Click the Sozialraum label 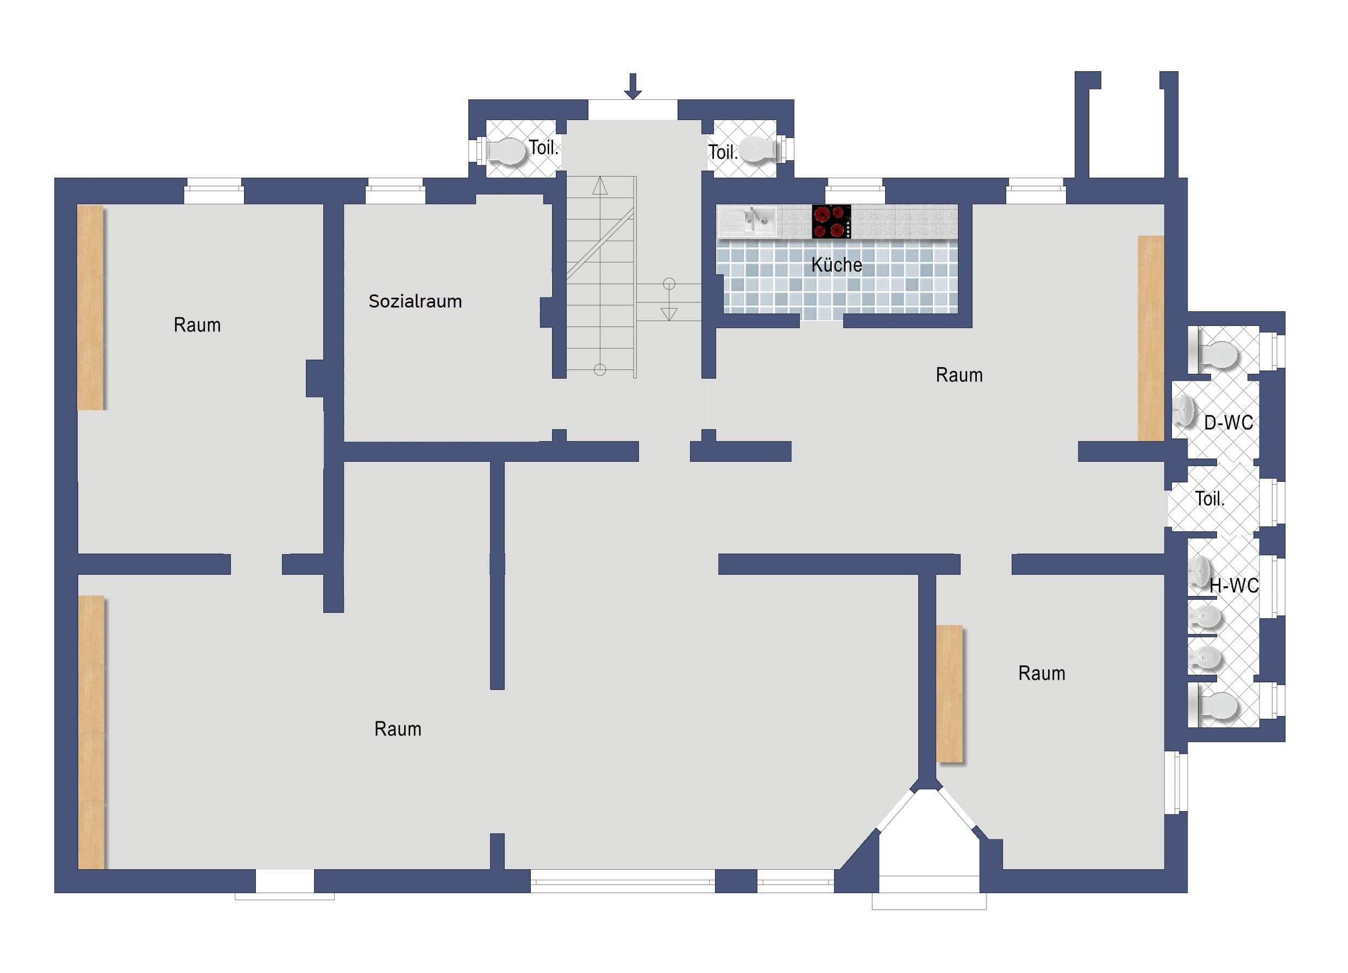pyautogui.click(x=416, y=302)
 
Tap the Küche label pyautogui.click(x=836, y=265)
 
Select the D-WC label pyautogui.click(x=1228, y=423)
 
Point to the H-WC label pyautogui.click(x=1234, y=586)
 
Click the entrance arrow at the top pyautogui.click(x=632, y=86)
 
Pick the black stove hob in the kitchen pyautogui.click(x=831, y=222)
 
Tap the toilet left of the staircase pyautogui.click(x=506, y=151)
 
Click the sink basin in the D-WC pyautogui.click(x=1184, y=411)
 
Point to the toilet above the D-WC pyautogui.click(x=1217, y=354)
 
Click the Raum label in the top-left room pyautogui.click(x=197, y=325)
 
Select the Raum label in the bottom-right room pyautogui.click(x=1042, y=674)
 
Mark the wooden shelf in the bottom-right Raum pyautogui.click(x=949, y=694)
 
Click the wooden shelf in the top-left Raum pyautogui.click(x=90, y=307)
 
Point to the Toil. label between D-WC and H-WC pyautogui.click(x=1209, y=499)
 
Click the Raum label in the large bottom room pyautogui.click(x=398, y=729)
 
